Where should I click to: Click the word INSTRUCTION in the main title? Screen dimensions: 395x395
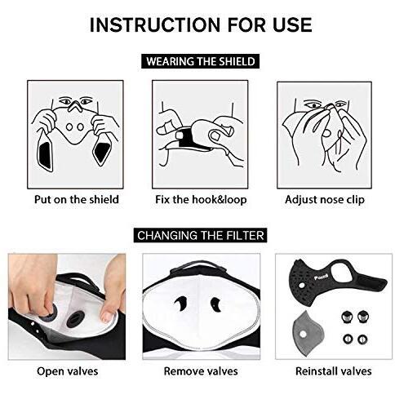154,24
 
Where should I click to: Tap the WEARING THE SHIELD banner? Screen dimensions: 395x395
201,61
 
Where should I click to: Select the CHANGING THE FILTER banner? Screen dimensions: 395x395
201,235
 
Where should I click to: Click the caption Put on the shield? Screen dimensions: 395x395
77,199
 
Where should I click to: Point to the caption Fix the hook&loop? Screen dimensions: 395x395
201,199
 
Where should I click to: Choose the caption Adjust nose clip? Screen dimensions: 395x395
325,200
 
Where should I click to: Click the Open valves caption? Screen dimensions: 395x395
67,371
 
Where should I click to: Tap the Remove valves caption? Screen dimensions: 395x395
201,371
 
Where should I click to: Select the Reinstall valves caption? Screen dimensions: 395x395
334,371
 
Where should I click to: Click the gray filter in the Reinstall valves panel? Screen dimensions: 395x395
307,332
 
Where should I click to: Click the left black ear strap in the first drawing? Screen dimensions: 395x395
44,150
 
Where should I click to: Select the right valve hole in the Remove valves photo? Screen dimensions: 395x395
215,304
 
